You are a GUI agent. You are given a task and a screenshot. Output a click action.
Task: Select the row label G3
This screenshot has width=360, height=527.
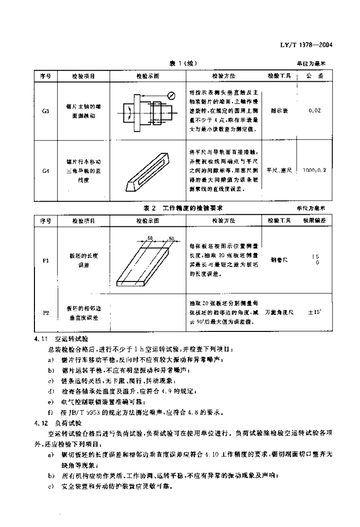point(45,111)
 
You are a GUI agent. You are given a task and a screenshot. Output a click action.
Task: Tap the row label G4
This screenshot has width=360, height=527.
point(45,169)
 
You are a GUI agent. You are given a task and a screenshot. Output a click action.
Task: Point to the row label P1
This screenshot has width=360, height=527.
point(45,261)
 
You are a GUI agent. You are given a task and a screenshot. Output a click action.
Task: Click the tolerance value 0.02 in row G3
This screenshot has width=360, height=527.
point(315,111)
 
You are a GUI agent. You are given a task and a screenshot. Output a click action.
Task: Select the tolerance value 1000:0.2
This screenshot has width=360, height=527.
point(314,169)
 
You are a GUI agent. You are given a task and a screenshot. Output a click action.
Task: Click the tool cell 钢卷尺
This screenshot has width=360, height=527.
point(279,260)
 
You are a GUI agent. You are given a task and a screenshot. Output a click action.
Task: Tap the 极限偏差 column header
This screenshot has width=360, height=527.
point(314,220)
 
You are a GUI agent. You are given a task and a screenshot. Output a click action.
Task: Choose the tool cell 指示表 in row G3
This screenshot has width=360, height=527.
point(279,111)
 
